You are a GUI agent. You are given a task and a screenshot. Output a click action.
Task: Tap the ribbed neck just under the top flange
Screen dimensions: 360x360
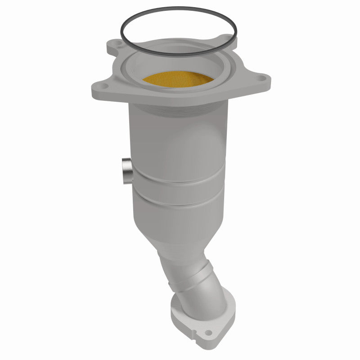[180, 110]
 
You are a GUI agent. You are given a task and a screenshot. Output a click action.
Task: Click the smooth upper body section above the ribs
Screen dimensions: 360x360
[180, 144]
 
